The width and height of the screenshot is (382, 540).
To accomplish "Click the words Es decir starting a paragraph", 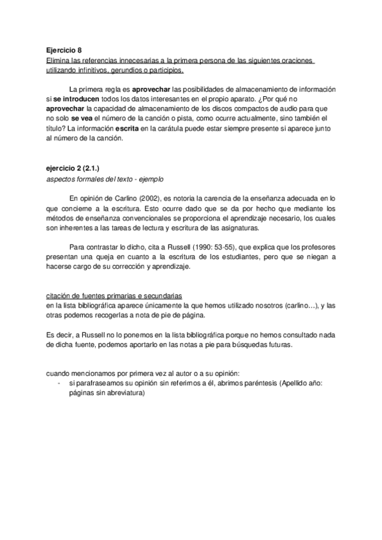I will coord(59,334).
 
